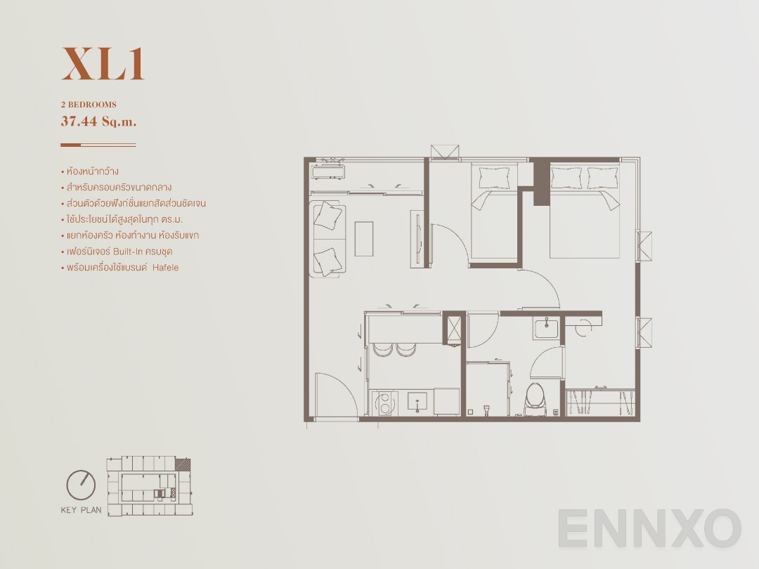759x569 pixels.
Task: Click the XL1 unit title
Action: point(103,64)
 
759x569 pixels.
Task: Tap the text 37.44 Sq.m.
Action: point(98,121)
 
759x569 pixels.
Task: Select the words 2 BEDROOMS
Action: point(89,105)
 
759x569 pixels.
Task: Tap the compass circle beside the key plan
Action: point(81,484)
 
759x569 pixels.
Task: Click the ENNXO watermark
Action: point(650,528)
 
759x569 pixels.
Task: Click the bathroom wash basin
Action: point(545,328)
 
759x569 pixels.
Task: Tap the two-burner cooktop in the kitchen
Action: point(384,403)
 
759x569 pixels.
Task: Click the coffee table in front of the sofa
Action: point(364,239)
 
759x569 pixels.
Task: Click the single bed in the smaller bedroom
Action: point(494,211)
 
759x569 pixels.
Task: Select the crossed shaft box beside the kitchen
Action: point(454,329)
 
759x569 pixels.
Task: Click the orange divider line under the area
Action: point(98,145)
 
